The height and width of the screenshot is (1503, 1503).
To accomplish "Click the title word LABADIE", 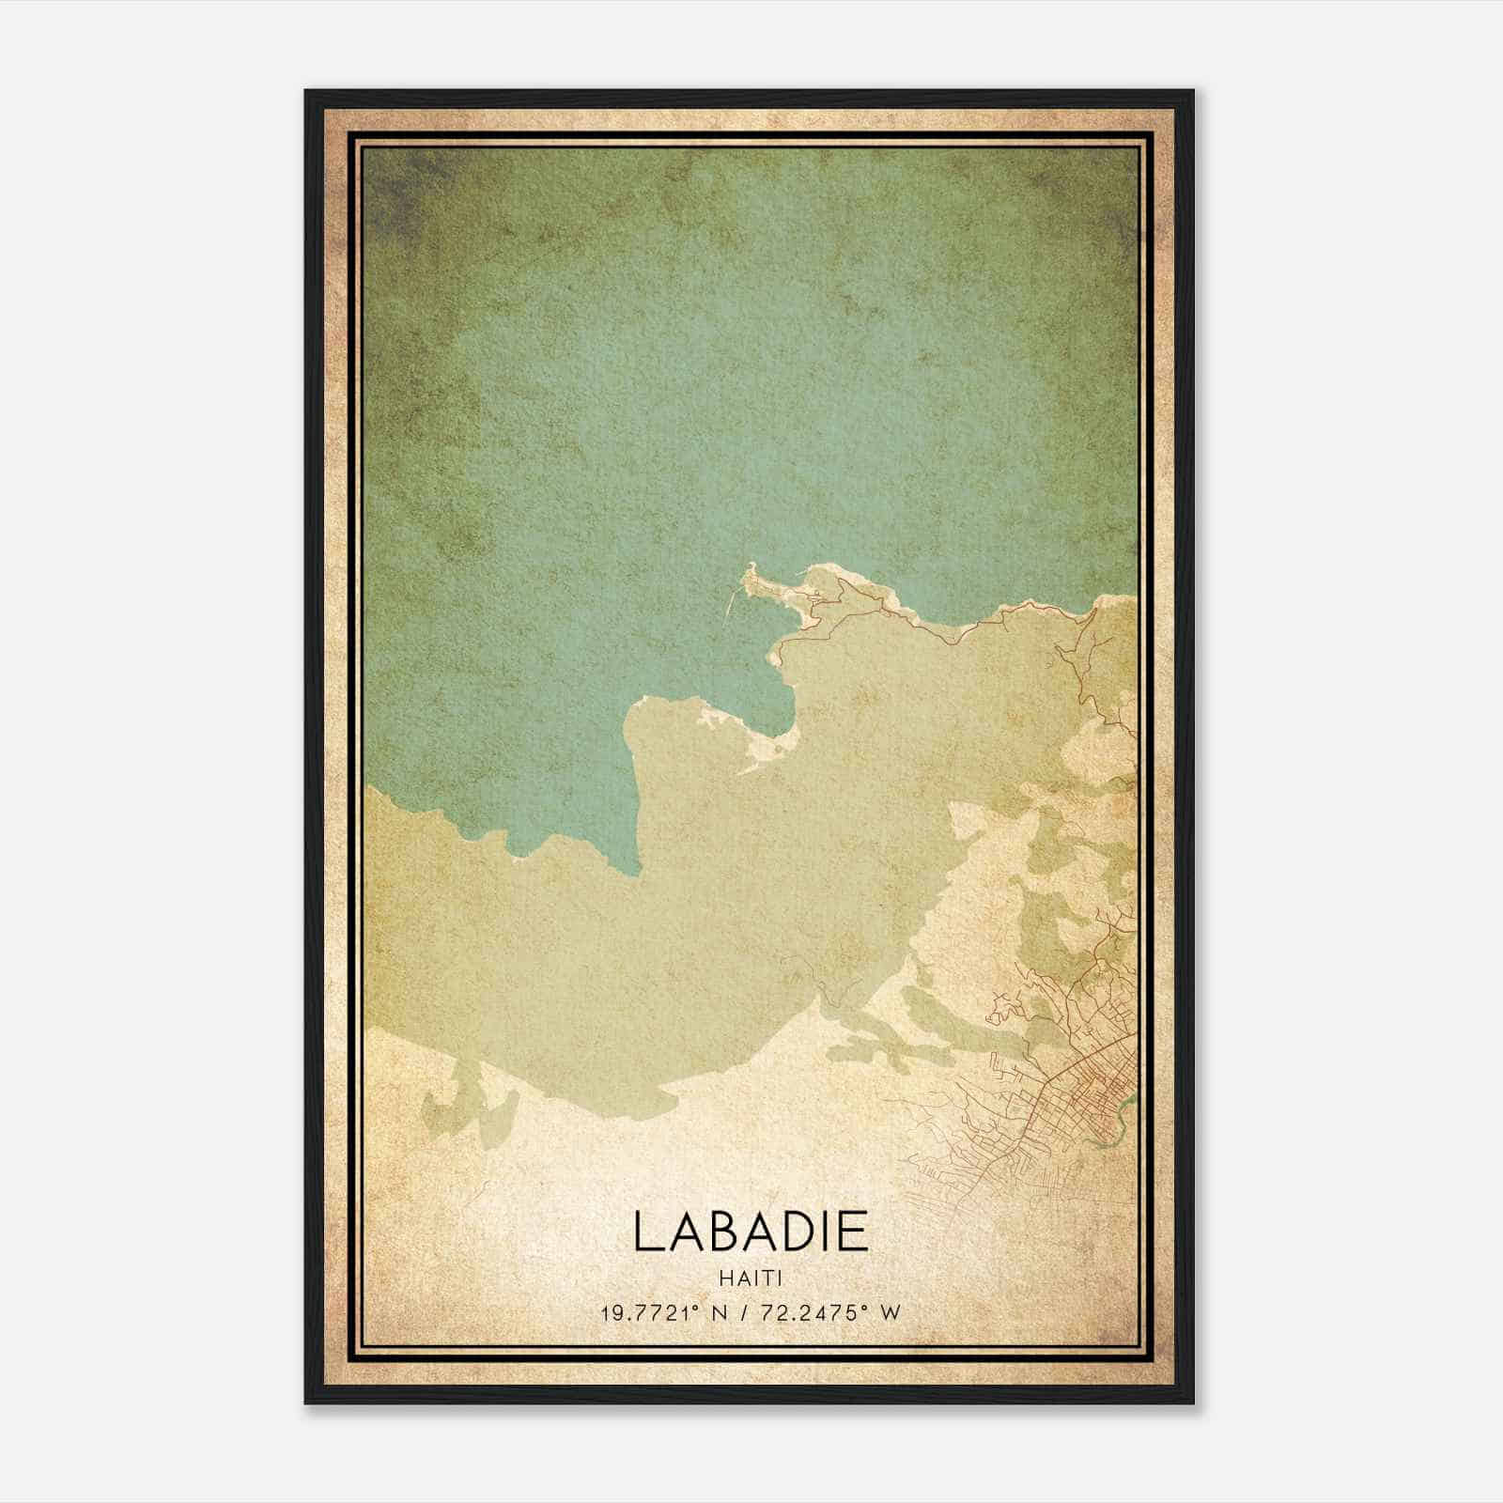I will pos(751,1232).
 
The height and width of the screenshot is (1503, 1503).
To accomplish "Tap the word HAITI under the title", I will pos(751,1278).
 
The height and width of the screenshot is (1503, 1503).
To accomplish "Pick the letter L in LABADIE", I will pos(648,1232).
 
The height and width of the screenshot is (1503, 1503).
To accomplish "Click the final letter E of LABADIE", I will pos(851,1232).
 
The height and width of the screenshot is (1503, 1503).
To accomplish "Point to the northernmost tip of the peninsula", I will pos(751,566).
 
